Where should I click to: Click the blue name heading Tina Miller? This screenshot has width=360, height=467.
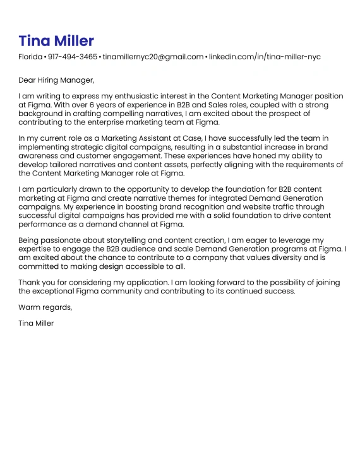coord(56,41)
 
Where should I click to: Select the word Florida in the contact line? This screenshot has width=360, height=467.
coord(30,57)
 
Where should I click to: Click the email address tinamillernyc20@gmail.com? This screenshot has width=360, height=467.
coord(153,57)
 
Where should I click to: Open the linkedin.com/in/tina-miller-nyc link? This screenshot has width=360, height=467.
coord(265,57)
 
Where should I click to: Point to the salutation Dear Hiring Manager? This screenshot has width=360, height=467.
coord(56,80)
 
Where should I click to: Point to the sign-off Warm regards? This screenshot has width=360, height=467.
coord(45,307)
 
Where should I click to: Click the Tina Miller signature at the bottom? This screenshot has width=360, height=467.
coord(37,323)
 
